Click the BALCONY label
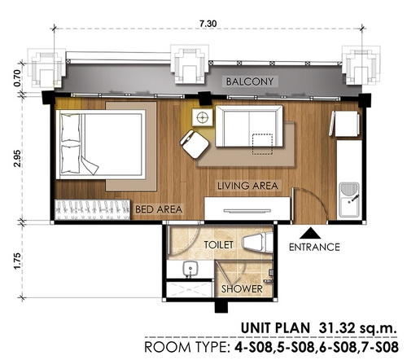250,81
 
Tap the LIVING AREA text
247,186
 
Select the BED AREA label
159,209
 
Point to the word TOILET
218,245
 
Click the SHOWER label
242,289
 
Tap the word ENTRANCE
314,247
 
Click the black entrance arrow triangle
310,233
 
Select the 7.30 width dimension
208,24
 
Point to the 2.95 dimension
17,158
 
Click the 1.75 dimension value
17,261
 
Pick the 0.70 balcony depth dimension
17,78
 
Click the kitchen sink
349,200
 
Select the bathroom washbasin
190,269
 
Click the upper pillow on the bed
70,128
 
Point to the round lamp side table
202,117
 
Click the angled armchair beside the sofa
195,144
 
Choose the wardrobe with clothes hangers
93,210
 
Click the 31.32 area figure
336,328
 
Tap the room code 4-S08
254,347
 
